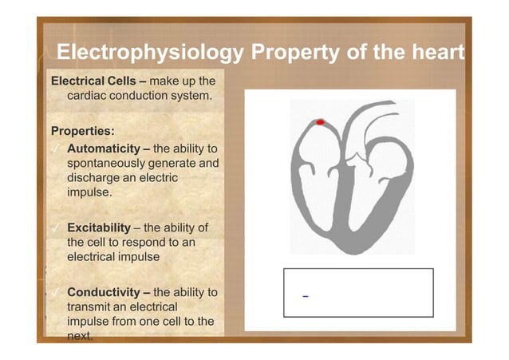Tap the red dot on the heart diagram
[320, 122]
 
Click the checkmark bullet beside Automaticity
[55, 149]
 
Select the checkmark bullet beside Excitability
[55, 227]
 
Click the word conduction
[140, 97]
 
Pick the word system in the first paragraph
[191, 97]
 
